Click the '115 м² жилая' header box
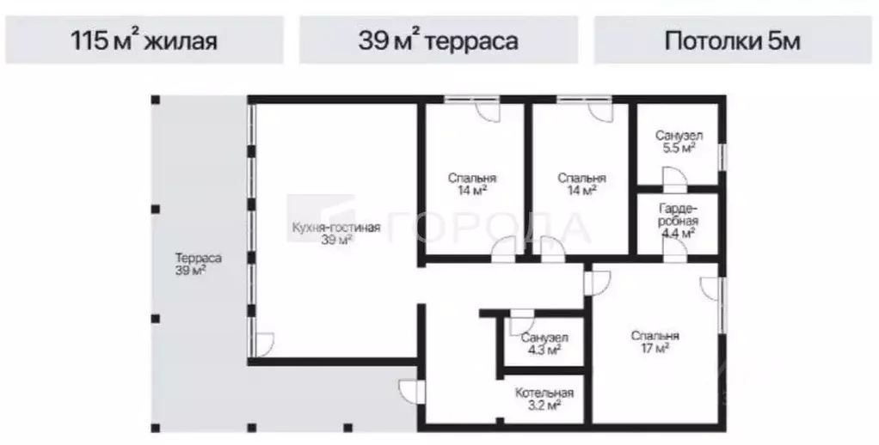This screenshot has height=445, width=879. [x=144, y=40]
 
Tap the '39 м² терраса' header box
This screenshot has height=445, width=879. [x=439, y=40]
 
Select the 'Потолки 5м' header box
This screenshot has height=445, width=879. [x=732, y=40]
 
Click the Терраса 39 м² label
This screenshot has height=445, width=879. [x=199, y=264]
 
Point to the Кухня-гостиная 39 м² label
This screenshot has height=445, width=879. [x=335, y=234]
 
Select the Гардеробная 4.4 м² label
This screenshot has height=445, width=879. [x=679, y=221]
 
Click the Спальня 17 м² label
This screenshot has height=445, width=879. [x=655, y=342]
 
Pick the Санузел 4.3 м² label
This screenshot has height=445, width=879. [x=544, y=344]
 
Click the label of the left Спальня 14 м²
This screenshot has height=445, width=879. [x=472, y=184]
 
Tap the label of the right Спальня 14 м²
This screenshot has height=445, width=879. [x=581, y=184]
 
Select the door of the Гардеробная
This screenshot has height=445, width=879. [x=673, y=249]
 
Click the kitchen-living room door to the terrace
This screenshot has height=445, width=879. [x=262, y=347]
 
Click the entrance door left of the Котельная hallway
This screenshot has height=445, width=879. [x=412, y=392]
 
